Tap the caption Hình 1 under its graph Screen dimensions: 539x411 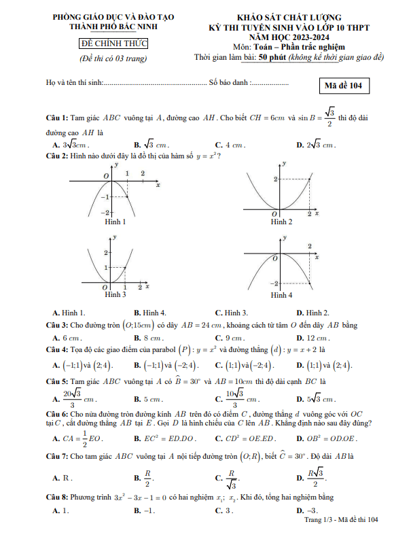[x=115, y=222]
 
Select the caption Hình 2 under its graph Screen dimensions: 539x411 [x=281, y=222]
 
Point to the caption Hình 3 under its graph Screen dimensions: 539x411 [x=115, y=294]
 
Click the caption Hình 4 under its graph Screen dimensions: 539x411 [x=281, y=295]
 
